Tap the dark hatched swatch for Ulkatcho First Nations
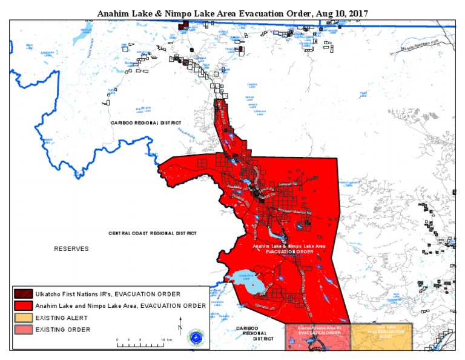pos(24,294)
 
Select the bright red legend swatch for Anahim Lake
pos(24,305)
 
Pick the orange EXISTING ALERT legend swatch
pos(24,318)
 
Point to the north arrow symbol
pos(180,323)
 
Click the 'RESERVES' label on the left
pos(71,249)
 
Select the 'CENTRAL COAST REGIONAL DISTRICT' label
pos(153,233)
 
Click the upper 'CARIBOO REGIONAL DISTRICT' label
pos(146,123)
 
